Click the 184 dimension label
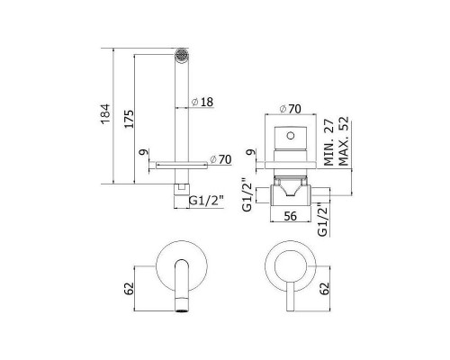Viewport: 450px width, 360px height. click(x=105, y=114)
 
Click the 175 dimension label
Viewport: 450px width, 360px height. click(x=129, y=119)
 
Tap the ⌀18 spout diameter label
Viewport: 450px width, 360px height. click(x=202, y=102)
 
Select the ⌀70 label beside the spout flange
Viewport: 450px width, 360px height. click(x=220, y=159)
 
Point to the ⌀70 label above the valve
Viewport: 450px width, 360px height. click(x=290, y=109)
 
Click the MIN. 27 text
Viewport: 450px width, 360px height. click(x=328, y=142)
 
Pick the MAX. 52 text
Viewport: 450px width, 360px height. click(x=344, y=141)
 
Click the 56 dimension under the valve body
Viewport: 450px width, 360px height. click(x=290, y=216)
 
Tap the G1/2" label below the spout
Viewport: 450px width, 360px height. click(x=206, y=201)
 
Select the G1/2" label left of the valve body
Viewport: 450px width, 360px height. click(x=247, y=195)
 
